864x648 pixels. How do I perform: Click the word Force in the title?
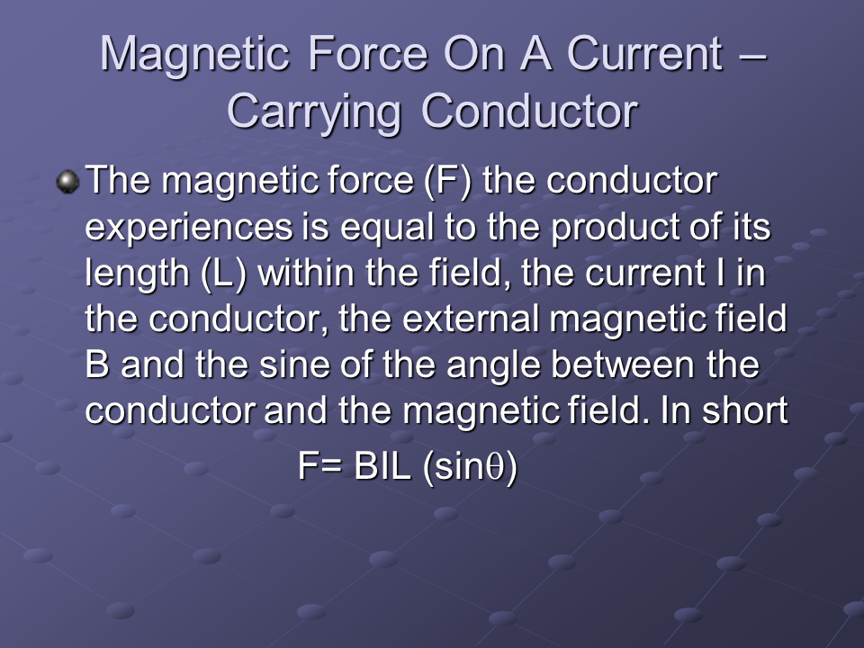coord(367,53)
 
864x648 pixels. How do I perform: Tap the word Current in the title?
coord(644,53)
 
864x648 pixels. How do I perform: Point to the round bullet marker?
coord(68,181)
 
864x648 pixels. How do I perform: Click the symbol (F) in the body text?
coord(448,181)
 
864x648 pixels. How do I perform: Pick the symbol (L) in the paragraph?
coord(223,274)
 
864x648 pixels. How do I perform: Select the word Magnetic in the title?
coord(194,55)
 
